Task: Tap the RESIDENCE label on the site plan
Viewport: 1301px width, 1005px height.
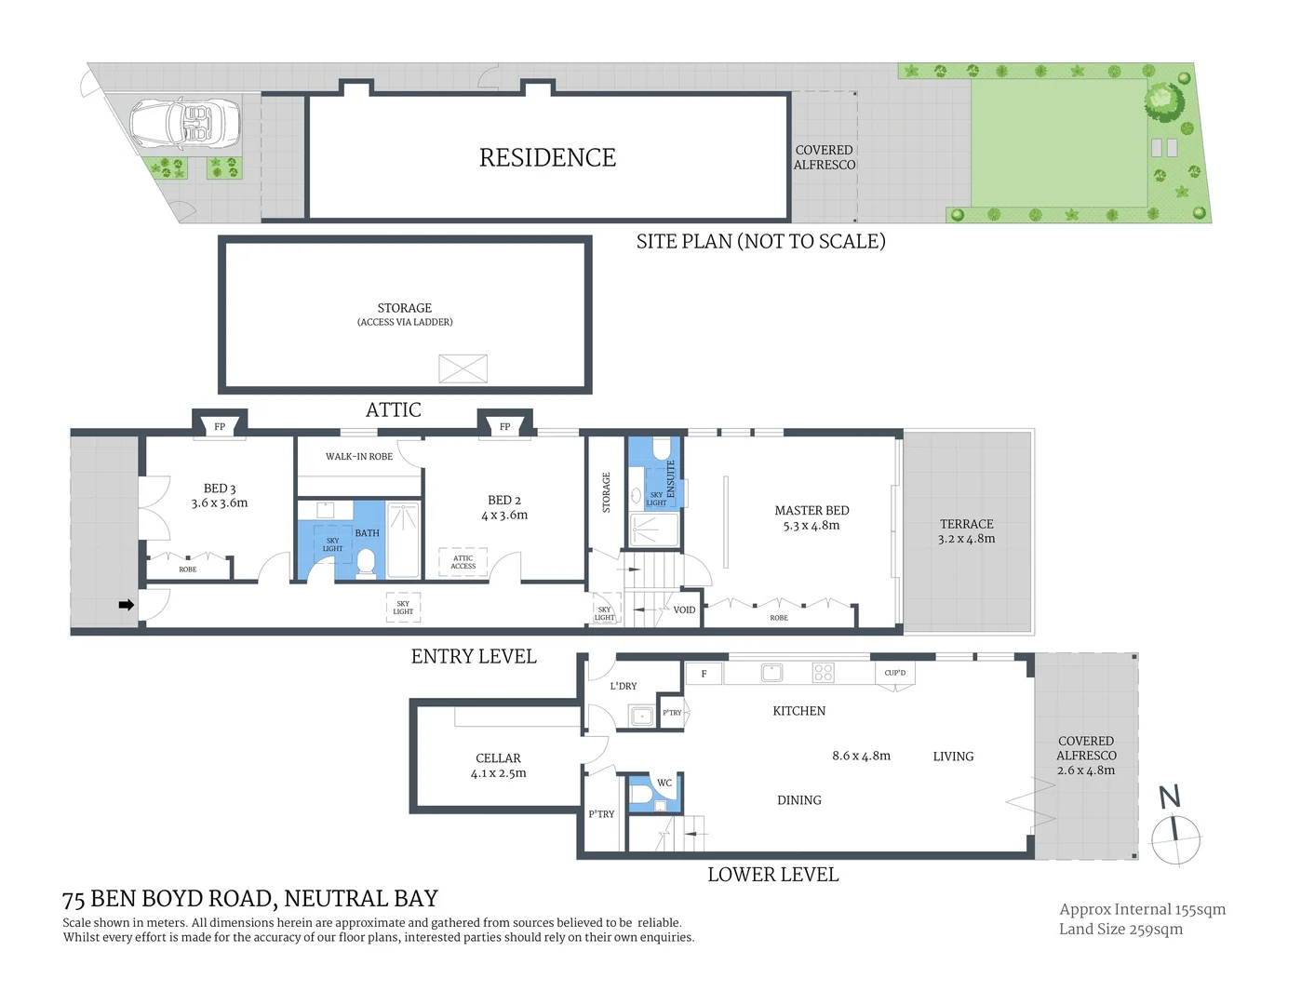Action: [x=547, y=158]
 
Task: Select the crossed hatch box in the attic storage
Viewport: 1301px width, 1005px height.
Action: [x=463, y=368]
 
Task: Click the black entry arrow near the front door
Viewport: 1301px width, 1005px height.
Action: [x=127, y=605]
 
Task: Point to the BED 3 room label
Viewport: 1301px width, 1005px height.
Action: [x=220, y=495]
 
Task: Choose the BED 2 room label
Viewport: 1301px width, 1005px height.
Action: [x=504, y=507]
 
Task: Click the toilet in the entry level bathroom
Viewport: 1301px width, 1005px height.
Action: [x=366, y=562]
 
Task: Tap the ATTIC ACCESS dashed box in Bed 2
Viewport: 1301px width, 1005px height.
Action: [x=463, y=562]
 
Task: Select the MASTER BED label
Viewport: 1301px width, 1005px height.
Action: [x=811, y=517]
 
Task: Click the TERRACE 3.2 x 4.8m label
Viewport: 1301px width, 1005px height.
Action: [x=966, y=531]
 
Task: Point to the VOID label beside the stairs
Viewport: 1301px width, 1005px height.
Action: [x=684, y=610]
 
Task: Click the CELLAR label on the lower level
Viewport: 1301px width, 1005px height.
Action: [x=498, y=765]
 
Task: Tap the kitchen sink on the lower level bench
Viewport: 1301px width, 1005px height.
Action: [x=771, y=672]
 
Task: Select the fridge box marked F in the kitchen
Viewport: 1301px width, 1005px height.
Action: [x=704, y=673]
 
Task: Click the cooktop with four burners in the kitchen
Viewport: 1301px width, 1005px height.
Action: [x=823, y=672]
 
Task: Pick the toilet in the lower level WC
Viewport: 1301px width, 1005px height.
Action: [x=643, y=795]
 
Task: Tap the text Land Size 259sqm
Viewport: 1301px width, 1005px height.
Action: [x=1120, y=929]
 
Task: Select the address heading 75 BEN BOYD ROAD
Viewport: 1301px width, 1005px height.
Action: [x=249, y=899]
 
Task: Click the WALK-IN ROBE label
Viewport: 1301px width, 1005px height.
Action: [x=358, y=457]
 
